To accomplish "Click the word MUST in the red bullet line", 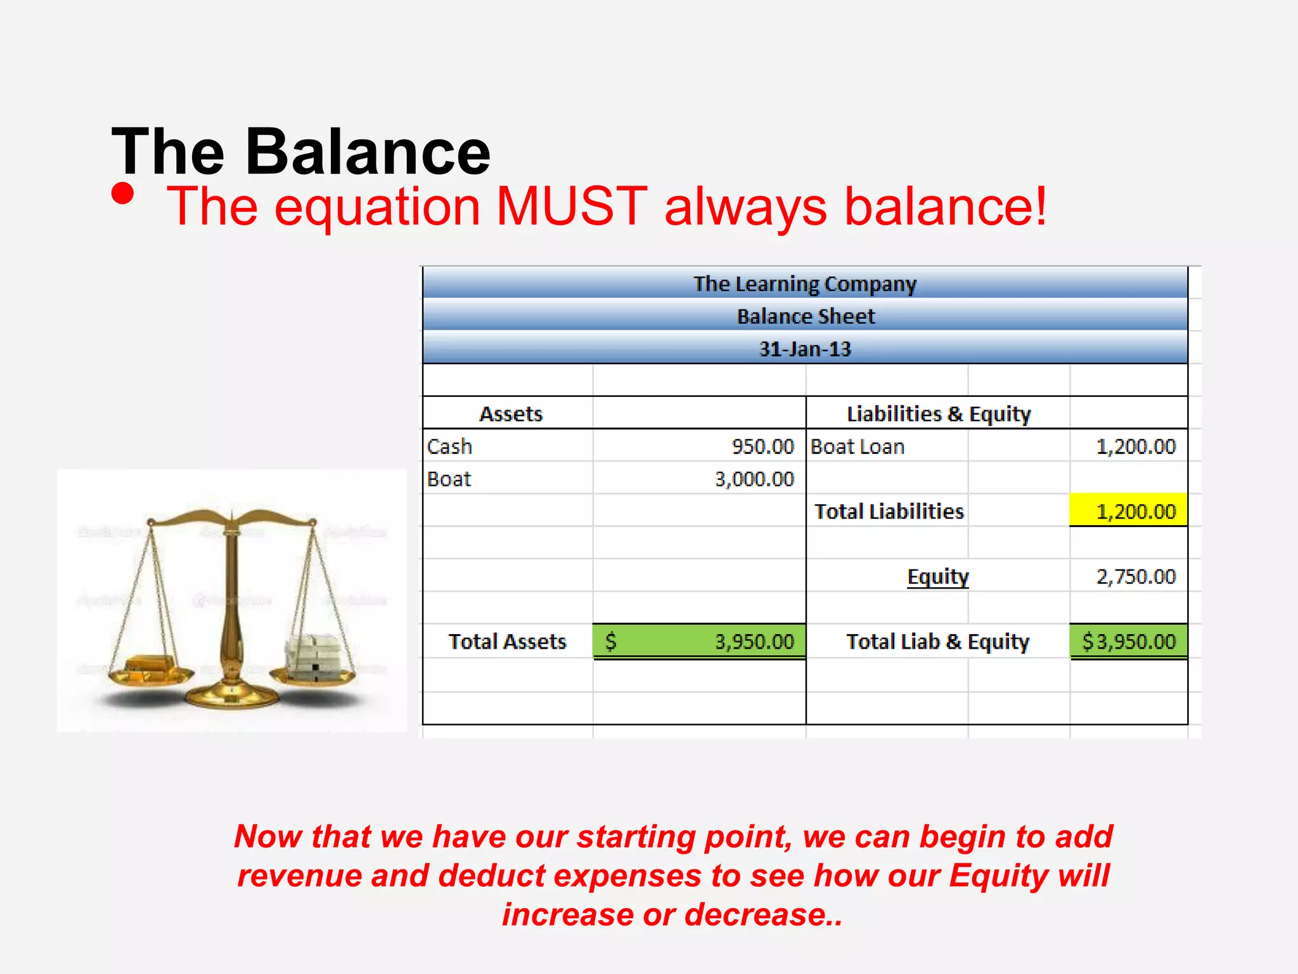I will point(571,206).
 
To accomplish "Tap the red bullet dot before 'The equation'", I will point(122,194).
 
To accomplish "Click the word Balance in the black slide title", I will point(368,152).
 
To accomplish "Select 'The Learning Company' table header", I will point(804,283).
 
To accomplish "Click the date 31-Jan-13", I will point(805,349).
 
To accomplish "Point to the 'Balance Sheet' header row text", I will point(806,316).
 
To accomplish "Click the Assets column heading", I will point(511,414).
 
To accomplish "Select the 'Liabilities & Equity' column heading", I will point(939,414).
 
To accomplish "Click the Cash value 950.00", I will point(762,446).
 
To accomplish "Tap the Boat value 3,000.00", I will point(754,479).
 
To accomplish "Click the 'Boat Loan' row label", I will point(857,446).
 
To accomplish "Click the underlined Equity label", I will point(938,576).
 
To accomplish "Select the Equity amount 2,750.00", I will point(1136,576).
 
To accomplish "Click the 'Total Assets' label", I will point(507,642).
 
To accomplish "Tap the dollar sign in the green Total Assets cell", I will point(610,641).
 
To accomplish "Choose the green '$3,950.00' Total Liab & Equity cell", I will point(1129,642).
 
